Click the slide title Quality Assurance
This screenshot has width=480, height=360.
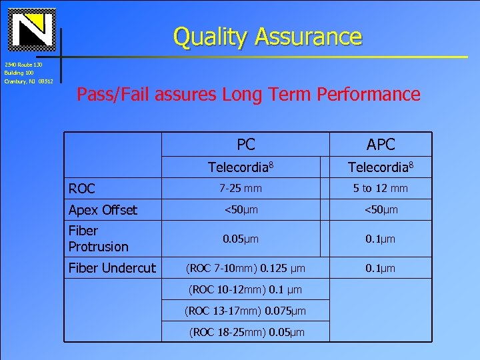267,37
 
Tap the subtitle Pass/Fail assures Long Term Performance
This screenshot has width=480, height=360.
248,95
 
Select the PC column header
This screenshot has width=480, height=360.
246,144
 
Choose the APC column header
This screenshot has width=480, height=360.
381,144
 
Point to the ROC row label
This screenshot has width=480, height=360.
82,189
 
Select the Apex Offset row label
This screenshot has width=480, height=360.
103,210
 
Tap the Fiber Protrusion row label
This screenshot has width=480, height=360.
98,239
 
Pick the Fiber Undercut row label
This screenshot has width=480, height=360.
112,268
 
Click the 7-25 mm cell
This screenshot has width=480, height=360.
243,189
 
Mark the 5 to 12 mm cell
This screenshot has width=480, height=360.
381,189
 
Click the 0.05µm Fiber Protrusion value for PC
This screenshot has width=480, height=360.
241,239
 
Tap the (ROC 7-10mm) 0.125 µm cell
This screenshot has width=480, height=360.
246,268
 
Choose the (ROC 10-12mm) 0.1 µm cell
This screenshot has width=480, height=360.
246,289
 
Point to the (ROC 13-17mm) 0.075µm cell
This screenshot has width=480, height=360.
246,311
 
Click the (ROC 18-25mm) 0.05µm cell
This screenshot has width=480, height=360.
246,332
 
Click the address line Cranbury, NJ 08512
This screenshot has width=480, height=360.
29,81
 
